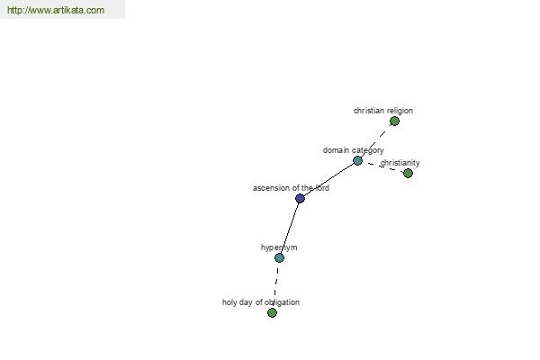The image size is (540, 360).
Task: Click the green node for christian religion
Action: pyautogui.click(x=394, y=121)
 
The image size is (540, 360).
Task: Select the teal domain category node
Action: pyautogui.click(x=358, y=160)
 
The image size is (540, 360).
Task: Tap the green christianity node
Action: pyautogui.click(x=408, y=174)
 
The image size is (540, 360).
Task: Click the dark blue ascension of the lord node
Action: pyautogui.click(x=300, y=198)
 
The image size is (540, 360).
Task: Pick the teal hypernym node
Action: pyautogui.click(x=279, y=257)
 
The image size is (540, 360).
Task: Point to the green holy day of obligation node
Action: pyautogui.click(x=272, y=313)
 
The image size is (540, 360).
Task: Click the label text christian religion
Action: pyautogui.click(x=383, y=111)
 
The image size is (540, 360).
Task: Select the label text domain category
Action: pyautogui.click(x=354, y=150)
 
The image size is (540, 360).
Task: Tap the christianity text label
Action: pyautogui.click(x=400, y=163)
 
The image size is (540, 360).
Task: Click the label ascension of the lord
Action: pyautogui.click(x=291, y=188)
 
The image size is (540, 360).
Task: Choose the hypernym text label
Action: pyautogui.click(x=279, y=247)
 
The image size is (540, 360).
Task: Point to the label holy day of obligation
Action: pyautogui.click(x=261, y=302)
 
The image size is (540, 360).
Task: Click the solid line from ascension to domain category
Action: pyautogui.click(x=328, y=179)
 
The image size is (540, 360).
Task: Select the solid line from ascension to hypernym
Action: pyautogui.click(x=290, y=228)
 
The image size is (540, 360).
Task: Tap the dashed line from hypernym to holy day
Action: pyautogui.click(x=275, y=285)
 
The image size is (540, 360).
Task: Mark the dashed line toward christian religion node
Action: pyautogui.click(x=376, y=141)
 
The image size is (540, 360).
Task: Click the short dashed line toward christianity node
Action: pyautogui.click(x=383, y=167)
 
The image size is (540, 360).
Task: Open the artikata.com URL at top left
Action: pyautogui.click(x=56, y=10)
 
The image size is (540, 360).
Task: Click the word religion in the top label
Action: pyautogui.click(x=399, y=111)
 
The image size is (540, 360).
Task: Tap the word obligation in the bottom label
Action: pyautogui.click(x=283, y=302)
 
